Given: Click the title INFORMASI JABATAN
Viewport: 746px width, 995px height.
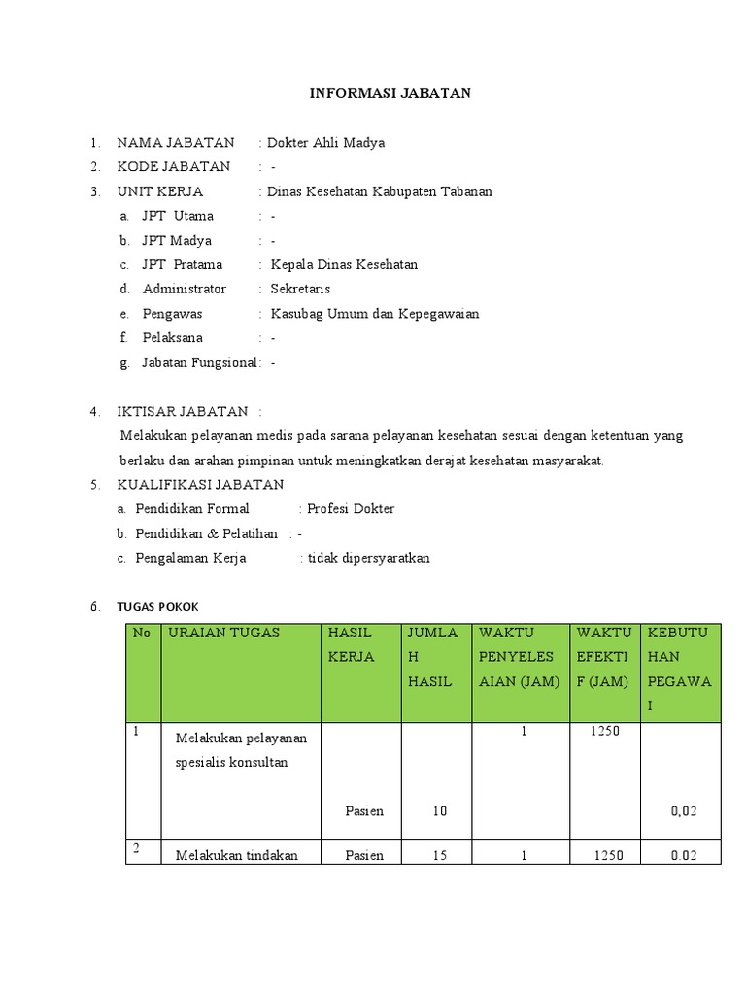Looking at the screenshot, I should tap(390, 93).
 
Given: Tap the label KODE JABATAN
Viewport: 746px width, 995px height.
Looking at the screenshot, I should tap(174, 167).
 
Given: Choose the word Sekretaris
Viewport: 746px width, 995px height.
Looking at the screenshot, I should tap(300, 289).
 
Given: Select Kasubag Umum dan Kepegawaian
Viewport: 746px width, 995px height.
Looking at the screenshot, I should tap(375, 314).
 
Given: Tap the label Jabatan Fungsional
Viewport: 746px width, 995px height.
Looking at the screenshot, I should tap(200, 362).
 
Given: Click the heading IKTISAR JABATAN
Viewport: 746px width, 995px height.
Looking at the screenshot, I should tap(183, 412).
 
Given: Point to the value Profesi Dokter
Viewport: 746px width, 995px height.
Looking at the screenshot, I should tap(351, 509).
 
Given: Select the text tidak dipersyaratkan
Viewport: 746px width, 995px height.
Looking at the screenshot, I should tap(368, 558).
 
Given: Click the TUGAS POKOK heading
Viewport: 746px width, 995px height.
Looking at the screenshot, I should tap(157, 607).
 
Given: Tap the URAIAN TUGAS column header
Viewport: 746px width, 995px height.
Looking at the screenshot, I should tap(223, 633).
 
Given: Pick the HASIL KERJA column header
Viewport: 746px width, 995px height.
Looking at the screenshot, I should tap(351, 644).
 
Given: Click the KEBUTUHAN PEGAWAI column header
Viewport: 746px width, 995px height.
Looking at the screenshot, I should tap(679, 669).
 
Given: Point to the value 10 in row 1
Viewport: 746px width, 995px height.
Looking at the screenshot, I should tap(440, 810).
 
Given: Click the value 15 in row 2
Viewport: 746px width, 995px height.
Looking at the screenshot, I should tap(440, 855).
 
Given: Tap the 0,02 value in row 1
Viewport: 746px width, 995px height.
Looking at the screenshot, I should tap(684, 810).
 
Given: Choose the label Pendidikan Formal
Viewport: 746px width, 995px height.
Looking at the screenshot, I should tap(192, 509).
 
